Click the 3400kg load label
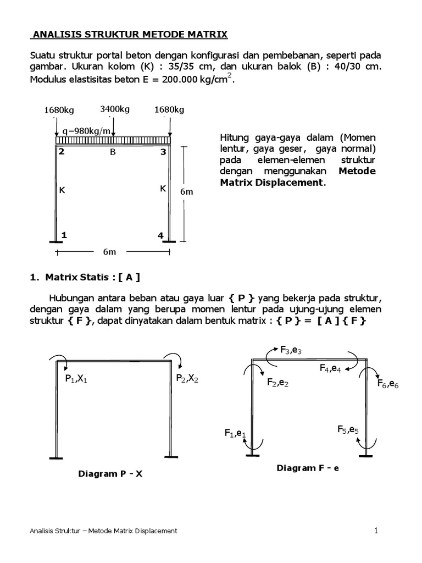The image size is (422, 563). tap(115, 109)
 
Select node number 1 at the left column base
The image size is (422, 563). tap(64, 235)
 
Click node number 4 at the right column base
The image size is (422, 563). tap(160, 235)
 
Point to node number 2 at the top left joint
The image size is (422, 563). tap(62, 152)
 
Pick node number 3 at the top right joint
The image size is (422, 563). tap(163, 152)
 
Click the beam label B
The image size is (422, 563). tap(113, 152)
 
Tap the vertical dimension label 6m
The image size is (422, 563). tap(186, 192)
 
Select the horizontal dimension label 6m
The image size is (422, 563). tap(110, 252)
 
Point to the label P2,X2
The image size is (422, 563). tap(187, 378)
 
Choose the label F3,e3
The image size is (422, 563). tap(291, 350)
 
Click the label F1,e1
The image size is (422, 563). tap(235, 433)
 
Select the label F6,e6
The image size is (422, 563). tap(387, 384)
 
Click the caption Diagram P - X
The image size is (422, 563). tap(110, 473)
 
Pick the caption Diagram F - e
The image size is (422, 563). tap(308, 468)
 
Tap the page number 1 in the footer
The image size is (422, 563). tap(376, 531)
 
